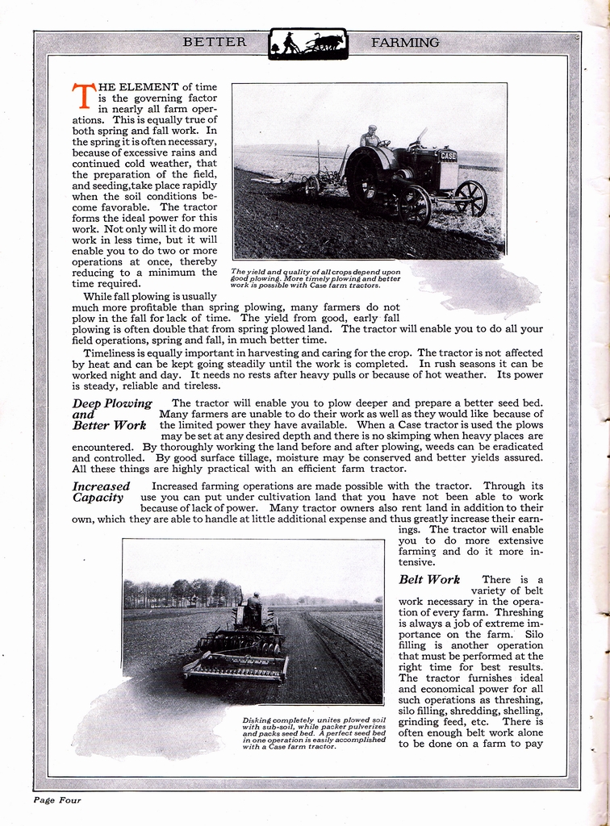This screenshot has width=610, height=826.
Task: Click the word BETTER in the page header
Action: (215, 42)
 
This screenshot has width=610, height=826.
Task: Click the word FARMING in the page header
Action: (405, 42)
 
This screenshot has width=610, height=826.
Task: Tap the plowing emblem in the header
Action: (307, 44)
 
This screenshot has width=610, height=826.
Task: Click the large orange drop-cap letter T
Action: (82, 96)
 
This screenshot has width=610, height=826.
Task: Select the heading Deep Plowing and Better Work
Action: (111, 414)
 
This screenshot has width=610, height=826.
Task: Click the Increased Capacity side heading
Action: (101, 491)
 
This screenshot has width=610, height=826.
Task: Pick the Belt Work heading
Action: (429, 579)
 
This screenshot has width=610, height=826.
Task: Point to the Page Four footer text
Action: (57, 800)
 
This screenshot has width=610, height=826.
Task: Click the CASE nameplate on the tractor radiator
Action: (447, 156)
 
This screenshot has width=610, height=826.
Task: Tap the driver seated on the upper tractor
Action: (370, 137)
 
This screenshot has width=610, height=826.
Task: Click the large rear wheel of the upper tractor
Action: (366, 177)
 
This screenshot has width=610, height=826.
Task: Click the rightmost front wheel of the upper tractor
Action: (470, 198)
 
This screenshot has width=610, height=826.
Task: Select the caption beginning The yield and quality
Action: (315, 278)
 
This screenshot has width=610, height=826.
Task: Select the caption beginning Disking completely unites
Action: (313, 732)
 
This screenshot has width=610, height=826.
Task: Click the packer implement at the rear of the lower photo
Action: (236, 667)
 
